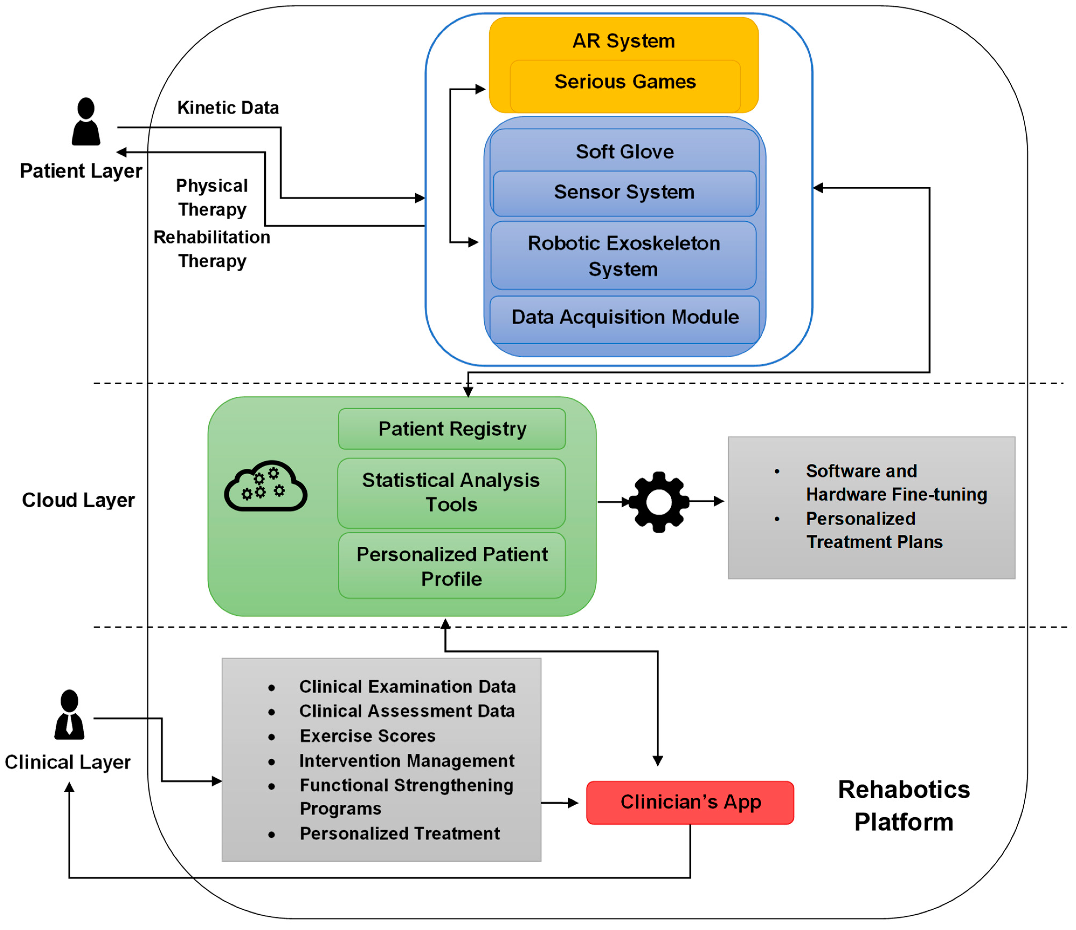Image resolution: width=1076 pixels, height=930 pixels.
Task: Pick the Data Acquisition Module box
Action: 625,318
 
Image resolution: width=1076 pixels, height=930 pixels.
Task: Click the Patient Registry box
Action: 452,429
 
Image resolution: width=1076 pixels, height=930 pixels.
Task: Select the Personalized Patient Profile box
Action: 452,566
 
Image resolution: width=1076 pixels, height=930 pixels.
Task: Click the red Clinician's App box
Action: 690,802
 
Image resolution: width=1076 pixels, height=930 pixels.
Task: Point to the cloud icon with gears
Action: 265,486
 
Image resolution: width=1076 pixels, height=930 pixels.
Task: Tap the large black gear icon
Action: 659,502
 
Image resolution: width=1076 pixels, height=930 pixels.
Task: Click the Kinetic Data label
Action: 228,108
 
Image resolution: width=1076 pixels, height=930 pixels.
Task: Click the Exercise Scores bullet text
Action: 367,736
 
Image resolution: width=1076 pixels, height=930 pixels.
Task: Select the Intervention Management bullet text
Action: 407,761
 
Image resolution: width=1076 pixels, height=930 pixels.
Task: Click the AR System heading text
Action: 624,41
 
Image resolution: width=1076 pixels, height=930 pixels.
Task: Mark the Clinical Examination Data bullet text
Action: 407,687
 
